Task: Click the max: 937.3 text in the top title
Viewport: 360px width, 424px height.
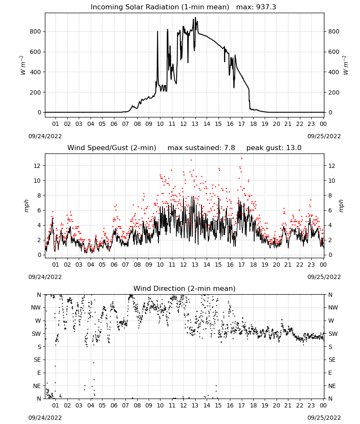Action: click(256, 7)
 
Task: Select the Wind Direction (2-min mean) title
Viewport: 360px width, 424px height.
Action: click(185, 288)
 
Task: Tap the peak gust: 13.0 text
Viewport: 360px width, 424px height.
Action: click(274, 148)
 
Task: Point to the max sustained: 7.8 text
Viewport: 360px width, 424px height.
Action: click(201, 148)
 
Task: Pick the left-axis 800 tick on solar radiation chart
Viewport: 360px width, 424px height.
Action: click(36, 31)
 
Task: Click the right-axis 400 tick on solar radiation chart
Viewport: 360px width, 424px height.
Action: click(334, 72)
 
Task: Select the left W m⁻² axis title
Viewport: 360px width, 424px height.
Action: click(23, 65)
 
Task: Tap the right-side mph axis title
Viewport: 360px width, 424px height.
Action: click(341, 206)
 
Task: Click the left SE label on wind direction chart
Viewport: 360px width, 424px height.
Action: click(37, 360)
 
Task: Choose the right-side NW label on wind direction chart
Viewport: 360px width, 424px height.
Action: click(333, 307)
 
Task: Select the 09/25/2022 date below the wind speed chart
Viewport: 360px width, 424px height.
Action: click(324, 277)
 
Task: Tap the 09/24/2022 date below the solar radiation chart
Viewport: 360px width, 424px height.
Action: click(45, 136)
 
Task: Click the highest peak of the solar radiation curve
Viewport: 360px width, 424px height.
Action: click(195, 17)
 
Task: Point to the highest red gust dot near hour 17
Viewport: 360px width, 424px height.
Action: click(241, 159)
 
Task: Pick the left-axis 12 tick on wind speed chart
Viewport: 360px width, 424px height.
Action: click(37, 165)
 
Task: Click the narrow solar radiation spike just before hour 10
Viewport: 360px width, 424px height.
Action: click(158, 32)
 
